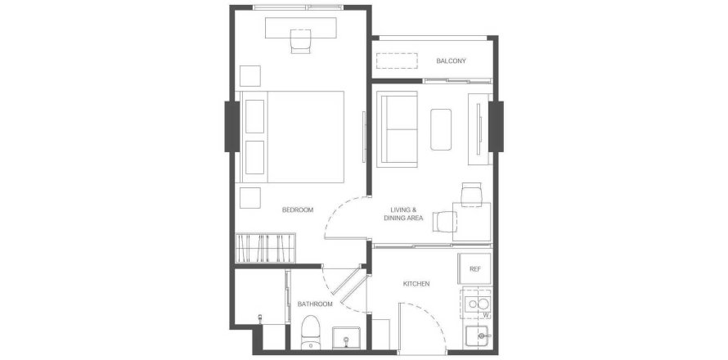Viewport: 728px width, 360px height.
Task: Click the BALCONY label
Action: pyautogui.click(x=451, y=61)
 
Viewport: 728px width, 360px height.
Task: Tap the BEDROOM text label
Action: pyautogui.click(x=298, y=210)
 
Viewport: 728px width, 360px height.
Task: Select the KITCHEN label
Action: pyautogui.click(x=416, y=284)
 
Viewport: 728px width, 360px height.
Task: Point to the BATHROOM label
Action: pyautogui.click(x=315, y=304)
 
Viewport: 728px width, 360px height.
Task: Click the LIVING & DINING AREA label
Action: pyautogui.click(x=403, y=214)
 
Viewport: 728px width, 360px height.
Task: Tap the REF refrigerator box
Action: pyautogui.click(x=474, y=268)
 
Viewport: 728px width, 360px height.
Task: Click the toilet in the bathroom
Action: pyautogui.click(x=310, y=332)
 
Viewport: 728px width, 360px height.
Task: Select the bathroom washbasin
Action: pyautogui.click(x=347, y=338)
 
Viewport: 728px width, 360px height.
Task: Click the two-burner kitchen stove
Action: pyautogui.click(x=476, y=304)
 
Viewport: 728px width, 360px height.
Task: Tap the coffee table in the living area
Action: pyautogui.click(x=441, y=129)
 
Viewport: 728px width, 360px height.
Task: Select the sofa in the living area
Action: pyautogui.click(x=398, y=128)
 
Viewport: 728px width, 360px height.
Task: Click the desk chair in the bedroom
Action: pyautogui.click(x=300, y=42)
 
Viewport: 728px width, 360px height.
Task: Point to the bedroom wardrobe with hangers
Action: pyautogui.click(x=265, y=248)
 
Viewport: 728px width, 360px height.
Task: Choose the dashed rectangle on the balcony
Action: pyautogui.click(x=397, y=61)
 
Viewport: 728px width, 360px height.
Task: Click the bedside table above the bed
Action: pyautogui.click(x=249, y=76)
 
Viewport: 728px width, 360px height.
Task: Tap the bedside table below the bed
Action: pyautogui.click(x=249, y=198)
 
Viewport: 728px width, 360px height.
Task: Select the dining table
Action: pyautogui.click(x=472, y=222)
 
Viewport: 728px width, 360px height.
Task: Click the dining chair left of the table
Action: pyautogui.click(x=445, y=221)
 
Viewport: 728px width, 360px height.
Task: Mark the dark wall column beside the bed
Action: pyautogui.click(x=232, y=126)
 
